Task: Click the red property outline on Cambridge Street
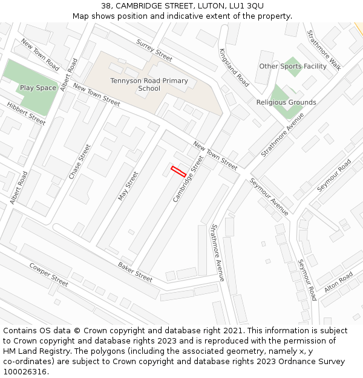(x=178, y=171)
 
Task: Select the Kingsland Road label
(x=234, y=68)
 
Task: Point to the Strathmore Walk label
(x=324, y=50)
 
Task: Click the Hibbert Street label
(x=26, y=113)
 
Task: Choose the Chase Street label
(x=79, y=161)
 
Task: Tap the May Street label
(x=128, y=186)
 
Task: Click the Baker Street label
(x=135, y=272)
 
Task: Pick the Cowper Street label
(x=48, y=275)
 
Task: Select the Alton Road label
(x=338, y=282)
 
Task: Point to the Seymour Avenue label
(x=269, y=198)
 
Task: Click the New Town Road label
(x=39, y=54)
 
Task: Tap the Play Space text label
(x=38, y=88)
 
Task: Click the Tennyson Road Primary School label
(x=149, y=85)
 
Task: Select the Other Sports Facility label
(x=293, y=67)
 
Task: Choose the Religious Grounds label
(x=286, y=102)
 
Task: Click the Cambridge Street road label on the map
(x=188, y=179)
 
